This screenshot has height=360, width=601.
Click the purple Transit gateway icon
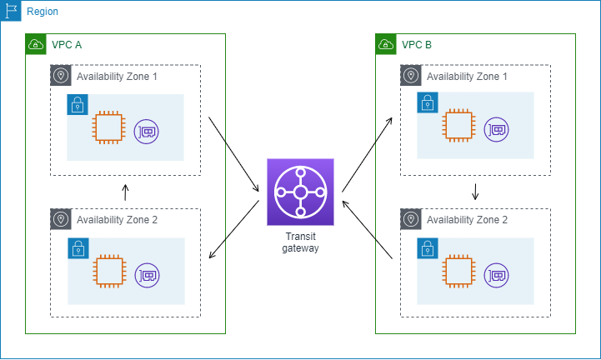coord(300,192)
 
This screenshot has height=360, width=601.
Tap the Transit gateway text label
coord(300,242)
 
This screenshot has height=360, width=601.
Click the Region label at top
coord(43,12)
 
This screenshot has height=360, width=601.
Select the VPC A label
coord(67,44)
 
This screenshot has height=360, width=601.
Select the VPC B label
coord(417,44)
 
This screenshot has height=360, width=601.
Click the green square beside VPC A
coord(36,44)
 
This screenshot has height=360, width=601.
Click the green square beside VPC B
coord(386,44)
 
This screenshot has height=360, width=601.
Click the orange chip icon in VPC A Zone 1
coord(108,127)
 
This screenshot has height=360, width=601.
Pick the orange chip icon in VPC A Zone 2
coord(108,272)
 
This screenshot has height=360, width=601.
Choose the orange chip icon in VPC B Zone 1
coord(458,127)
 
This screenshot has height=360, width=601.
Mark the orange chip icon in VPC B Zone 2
coord(458,272)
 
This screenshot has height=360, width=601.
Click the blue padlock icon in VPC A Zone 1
coord(78,105)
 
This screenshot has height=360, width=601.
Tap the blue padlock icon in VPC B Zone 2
coord(428,248)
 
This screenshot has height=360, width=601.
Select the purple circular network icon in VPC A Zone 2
coord(147,274)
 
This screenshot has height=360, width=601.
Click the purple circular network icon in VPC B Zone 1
coord(497,130)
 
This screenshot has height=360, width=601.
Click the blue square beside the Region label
coord(11,12)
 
